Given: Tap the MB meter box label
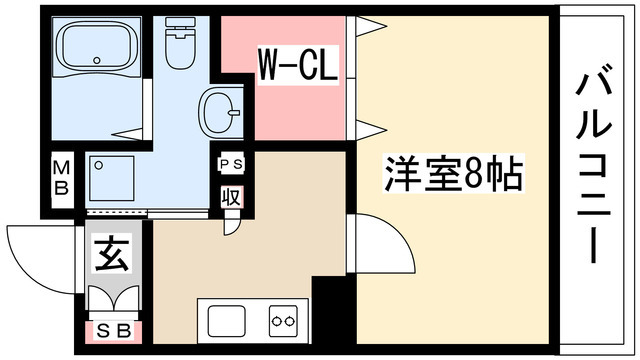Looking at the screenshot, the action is (x=61, y=178).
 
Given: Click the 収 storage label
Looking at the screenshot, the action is (x=230, y=195).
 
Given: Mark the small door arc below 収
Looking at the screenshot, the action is (x=232, y=222).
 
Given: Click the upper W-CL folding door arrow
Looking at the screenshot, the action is (x=368, y=25).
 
